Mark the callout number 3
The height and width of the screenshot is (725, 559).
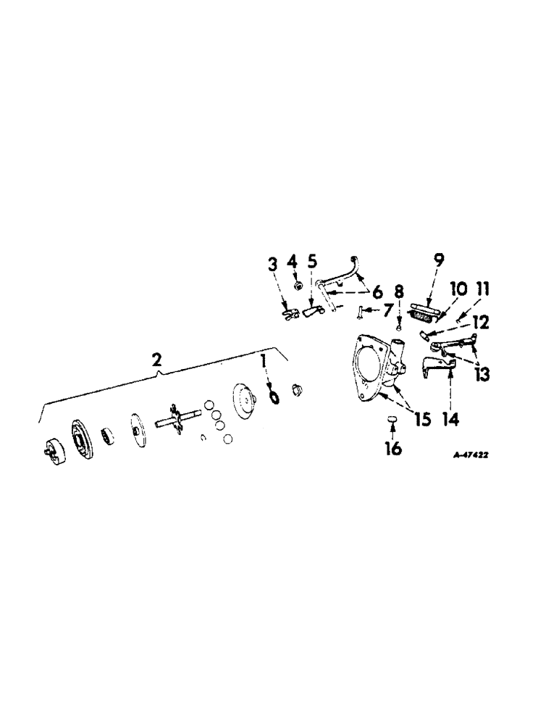[x=273, y=264]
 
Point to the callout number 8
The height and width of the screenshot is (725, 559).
[x=399, y=291]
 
